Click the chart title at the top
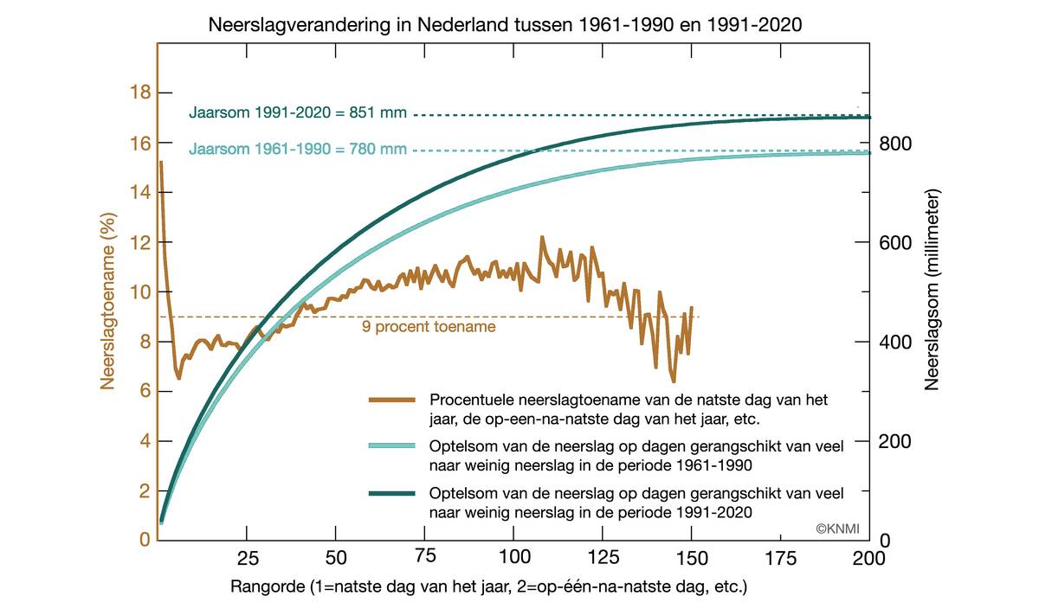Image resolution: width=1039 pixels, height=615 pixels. [x=506, y=25]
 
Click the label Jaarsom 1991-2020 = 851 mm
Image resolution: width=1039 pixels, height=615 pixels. [x=298, y=113]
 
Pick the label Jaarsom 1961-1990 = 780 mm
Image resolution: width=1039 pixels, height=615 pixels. [x=298, y=150]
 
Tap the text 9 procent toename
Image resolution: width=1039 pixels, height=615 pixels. [x=429, y=327]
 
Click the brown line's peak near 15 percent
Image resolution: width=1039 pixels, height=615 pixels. [x=161, y=163]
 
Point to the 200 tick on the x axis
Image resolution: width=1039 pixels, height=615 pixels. [x=868, y=556]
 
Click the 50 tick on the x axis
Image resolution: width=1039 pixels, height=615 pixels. [x=336, y=556]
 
